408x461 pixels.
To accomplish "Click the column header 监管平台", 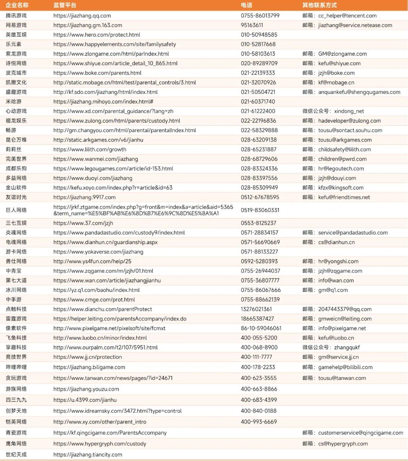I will (x=65, y=5).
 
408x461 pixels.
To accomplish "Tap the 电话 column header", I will (x=246, y=5).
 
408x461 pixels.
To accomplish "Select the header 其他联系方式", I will (x=319, y=5).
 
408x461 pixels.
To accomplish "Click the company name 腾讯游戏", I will (x=16, y=15).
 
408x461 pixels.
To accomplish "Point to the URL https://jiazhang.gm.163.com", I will (x=88, y=25).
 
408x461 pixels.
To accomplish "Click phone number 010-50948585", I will (x=259, y=35).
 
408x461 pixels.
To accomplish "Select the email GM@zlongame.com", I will (x=342, y=54).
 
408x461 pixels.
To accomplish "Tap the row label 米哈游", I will (x=14, y=101).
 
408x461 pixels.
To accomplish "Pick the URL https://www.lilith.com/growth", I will (x=90, y=149).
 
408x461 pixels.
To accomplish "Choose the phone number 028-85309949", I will (x=259, y=187).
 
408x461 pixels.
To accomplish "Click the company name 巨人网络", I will (x=16, y=210).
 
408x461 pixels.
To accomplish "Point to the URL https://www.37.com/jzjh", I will (x=83, y=223).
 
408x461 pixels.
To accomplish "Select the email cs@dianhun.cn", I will (x=336, y=242).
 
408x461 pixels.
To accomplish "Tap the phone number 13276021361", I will (x=257, y=309).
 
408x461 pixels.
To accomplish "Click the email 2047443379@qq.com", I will (x=345, y=309).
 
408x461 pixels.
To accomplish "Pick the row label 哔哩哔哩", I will (x=16, y=367).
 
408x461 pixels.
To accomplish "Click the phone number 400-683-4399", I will (x=259, y=400).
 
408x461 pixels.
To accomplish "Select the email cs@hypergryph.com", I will (x=343, y=444).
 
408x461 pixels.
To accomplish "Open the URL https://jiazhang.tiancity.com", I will (x=88, y=455).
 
